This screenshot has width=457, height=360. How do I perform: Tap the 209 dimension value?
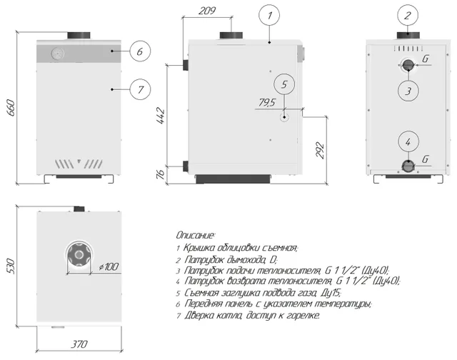(x=207, y=11)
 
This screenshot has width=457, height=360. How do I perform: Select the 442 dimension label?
(x=160, y=116)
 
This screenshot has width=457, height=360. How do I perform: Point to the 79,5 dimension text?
(x=266, y=102)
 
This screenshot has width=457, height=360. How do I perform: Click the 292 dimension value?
(x=320, y=150)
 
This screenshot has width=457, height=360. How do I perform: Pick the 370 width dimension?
(x=79, y=344)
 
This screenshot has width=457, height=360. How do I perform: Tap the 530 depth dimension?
(x=10, y=266)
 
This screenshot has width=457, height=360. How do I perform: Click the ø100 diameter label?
(x=109, y=266)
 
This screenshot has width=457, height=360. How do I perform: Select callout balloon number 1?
(x=269, y=16)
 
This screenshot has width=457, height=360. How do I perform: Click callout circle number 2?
(x=408, y=16)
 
